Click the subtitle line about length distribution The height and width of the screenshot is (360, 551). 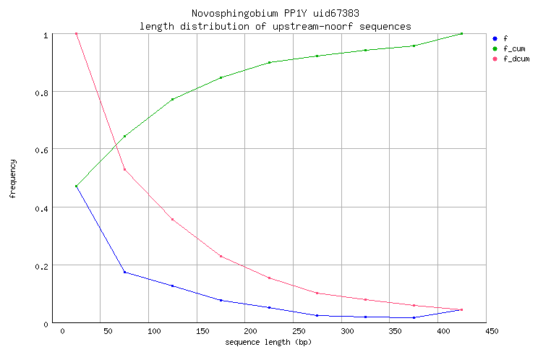coord(275,26)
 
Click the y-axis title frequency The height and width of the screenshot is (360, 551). coord(13,179)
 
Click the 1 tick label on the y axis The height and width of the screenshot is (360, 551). coord(46,35)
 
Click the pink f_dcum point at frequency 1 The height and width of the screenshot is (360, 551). coord(76,34)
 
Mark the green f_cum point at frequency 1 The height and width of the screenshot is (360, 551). coord(461,33)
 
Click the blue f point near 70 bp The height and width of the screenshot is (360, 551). coord(124,272)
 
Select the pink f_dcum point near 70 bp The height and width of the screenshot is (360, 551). coord(124,169)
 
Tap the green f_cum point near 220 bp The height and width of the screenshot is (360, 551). coord(269,62)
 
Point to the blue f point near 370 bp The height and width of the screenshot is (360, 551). coord(414,317)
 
